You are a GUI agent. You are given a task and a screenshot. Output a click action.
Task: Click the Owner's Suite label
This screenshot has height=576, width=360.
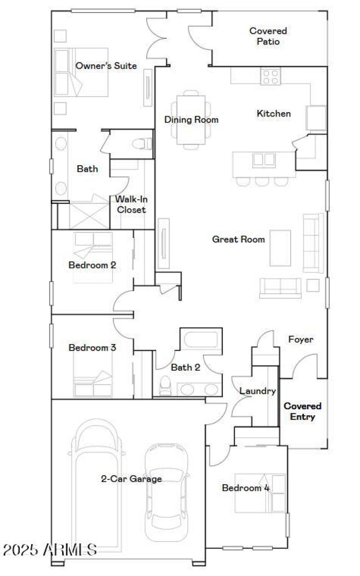[106, 66]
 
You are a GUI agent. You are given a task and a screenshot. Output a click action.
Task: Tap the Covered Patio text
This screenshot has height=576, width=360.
[268, 36]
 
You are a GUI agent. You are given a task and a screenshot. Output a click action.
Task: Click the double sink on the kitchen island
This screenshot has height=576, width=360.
[264, 160]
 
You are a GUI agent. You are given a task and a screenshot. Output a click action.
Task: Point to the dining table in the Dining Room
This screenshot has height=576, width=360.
[191, 119]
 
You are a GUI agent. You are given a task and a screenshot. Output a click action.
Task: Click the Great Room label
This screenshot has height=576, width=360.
[238, 239]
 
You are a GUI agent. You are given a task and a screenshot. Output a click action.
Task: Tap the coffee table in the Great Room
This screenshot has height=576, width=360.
[280, 247]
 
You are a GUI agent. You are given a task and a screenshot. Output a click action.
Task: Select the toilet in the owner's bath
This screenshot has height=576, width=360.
[143, 144]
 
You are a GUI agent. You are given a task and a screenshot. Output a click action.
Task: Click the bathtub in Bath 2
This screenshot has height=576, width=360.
[201, 339]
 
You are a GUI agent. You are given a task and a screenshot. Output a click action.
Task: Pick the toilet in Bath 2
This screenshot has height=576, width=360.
[166, 386]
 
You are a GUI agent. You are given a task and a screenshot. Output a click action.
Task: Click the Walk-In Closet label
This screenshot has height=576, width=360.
[131, 204]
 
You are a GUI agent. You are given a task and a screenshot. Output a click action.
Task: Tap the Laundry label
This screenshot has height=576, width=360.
[257, 391]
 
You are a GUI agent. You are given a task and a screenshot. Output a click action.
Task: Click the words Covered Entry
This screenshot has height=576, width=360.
[302, 411]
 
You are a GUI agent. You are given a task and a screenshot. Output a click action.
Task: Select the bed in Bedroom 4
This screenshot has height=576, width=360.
[260, 493]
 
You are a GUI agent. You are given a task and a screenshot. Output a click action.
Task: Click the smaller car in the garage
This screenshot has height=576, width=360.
[166, 488]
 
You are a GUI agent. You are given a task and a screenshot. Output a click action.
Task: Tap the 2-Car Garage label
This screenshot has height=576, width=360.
[131, 479]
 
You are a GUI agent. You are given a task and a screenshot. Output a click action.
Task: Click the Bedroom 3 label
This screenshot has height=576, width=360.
[92, 347]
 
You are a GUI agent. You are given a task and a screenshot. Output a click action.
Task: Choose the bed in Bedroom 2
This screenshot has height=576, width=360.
[93, 257]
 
